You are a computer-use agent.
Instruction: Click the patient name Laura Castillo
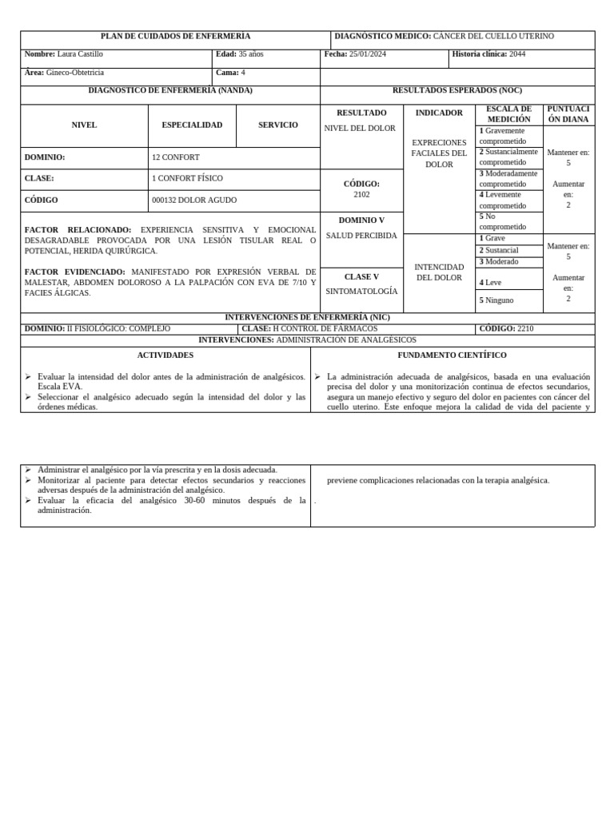coord(80,54)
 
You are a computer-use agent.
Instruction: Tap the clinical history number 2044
coord(517,54)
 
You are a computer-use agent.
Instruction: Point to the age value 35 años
coord(250,54)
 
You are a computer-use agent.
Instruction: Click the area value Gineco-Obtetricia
coord(75,73)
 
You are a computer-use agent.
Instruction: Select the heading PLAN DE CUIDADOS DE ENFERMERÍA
coord(175,37)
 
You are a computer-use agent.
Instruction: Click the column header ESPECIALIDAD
coord(192,125)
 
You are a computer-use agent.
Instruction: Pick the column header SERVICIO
coord(277,125)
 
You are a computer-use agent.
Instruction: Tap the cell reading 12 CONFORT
coord(176,157)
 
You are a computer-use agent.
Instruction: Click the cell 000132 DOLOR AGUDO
coord(194,201)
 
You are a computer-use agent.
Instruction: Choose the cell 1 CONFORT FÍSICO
coord(187,179)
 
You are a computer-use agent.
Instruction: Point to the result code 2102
coord(361,195)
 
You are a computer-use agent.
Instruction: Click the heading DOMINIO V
coord(361,220)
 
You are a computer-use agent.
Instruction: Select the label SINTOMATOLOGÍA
coord(361,292)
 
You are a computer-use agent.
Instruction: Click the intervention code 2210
coord(524,329)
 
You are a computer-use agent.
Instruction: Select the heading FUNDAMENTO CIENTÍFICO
coord(452,355)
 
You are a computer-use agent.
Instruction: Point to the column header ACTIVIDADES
coord(165,355)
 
